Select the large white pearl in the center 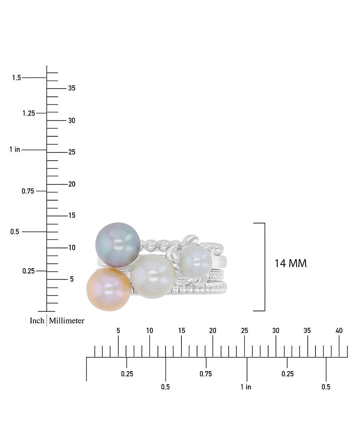point(153,270)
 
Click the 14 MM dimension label point(290,264)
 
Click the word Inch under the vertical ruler point(37,321)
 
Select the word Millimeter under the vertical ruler point(67,321)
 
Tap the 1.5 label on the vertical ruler point(17,78)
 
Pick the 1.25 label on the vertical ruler point(28,113)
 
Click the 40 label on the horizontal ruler point(339,331)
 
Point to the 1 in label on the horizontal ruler point(245,387)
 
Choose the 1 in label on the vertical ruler point(14,149)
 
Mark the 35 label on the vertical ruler point(72,88)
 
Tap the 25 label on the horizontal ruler point(244,331)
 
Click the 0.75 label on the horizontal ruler point(206,373)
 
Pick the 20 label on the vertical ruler point(72,184)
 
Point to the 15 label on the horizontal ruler point(181,331)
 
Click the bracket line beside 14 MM point(264,266)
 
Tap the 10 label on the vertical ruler point(72,247)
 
